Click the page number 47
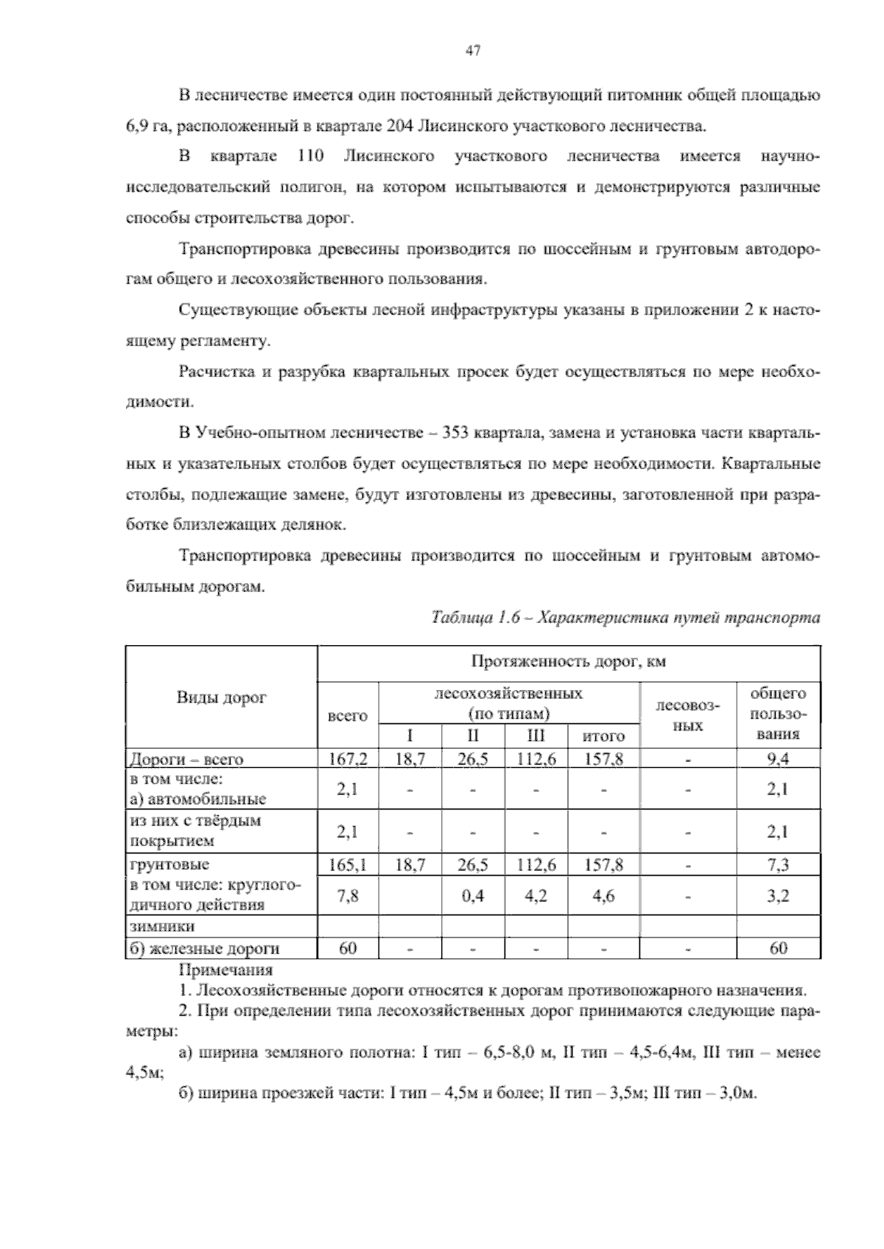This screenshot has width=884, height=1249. tap(473, 51)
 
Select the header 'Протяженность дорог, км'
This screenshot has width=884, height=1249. tap(568, 661)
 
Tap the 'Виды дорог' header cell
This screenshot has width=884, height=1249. tap(221, 697)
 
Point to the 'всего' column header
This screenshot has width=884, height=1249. tap(347, 715)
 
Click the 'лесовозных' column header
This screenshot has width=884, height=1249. tap(688, 715)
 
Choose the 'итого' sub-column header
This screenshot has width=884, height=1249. tap(603, 736)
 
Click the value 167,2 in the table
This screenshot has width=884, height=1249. tap(347, 759)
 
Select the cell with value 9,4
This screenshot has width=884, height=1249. tap(778, 759)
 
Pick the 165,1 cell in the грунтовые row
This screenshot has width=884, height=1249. tap(347, 865)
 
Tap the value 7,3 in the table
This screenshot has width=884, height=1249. tap(778, 865)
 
